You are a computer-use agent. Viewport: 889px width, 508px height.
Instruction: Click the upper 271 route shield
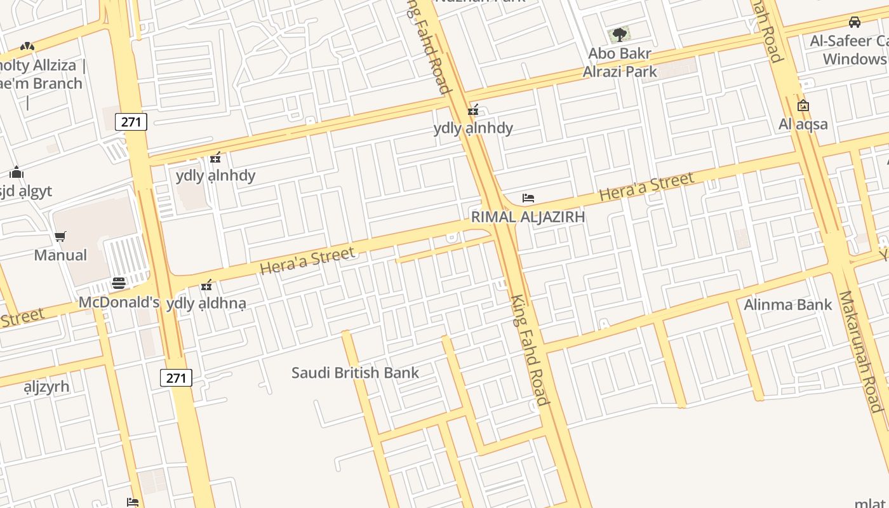[x=131, y=122]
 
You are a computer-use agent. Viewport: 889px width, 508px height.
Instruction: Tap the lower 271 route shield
[x=176, y=378]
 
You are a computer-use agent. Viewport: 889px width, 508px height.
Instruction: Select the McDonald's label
[x=119, y=302]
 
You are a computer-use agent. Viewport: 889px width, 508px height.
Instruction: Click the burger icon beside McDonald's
[x=119, y=283]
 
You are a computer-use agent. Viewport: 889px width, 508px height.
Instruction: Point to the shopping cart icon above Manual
[x=60, y=237]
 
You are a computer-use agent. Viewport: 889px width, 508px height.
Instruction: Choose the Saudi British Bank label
[x=355, y=372]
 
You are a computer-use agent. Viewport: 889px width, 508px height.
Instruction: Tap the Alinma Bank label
[x=787, y=305]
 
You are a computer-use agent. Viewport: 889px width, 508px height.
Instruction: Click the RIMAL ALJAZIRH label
[x=528, y=217]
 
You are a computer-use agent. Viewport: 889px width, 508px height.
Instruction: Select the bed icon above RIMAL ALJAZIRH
[x=528, y=198]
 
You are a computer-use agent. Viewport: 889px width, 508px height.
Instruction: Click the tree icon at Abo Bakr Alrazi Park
[x=619, y=34]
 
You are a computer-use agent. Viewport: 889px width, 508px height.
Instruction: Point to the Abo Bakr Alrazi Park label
[x=620, y=62]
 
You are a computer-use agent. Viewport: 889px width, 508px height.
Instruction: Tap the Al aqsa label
[x=803, y=124]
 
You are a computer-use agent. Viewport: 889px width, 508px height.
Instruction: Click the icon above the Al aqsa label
[x=803, y=105]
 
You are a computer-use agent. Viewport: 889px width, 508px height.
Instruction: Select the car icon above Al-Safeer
[x=855, y=22]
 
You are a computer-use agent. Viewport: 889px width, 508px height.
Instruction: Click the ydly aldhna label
[x=206, y=304]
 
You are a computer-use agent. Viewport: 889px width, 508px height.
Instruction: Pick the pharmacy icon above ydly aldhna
[x=206, y=285]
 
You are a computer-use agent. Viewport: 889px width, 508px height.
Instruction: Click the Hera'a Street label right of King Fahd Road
[x=646, y=187]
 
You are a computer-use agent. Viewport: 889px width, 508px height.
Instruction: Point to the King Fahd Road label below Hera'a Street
[x=529, y=350]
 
